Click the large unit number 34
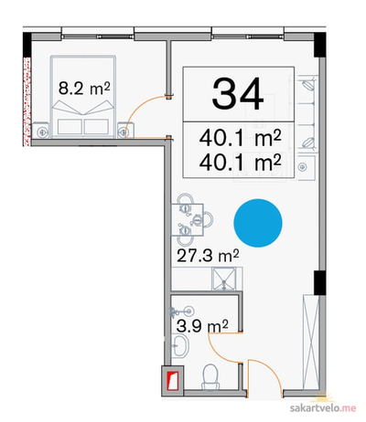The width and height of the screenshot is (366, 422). tap(238, 93)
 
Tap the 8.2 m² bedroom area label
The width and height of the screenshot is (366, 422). tap(84, 89)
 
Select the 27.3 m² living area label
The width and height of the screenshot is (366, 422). tap(208, 256)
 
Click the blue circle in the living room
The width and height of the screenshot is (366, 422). tap(258, 223)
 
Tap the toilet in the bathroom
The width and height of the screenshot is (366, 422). tap(210, 377)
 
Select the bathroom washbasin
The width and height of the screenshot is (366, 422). tap(180, 346)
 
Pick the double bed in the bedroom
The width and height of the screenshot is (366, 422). tap(83, 96)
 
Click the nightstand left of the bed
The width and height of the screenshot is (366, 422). tap(40, 130)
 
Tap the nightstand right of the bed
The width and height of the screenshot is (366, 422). tap(125, 130)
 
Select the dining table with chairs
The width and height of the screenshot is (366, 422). tap(191, 220)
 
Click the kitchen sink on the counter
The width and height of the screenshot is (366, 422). tap(225, 279)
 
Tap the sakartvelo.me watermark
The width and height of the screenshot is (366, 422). tap(323, 408)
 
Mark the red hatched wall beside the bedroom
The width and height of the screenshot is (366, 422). tap(27, 101)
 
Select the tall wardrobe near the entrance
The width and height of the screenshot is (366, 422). tap(311, 343)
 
